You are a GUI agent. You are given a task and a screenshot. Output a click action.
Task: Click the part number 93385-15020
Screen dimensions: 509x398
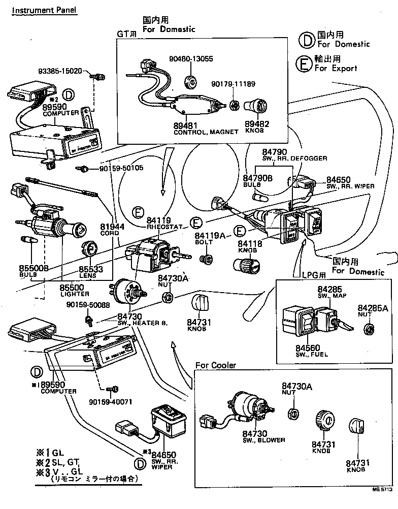tap(60, 71)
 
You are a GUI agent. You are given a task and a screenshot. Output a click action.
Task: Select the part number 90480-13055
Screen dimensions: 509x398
tap(191, 59)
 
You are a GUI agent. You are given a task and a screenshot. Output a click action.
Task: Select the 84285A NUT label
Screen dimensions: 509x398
tap(372, 311)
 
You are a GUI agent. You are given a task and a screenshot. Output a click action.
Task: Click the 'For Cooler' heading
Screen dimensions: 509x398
tap(216, 365)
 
